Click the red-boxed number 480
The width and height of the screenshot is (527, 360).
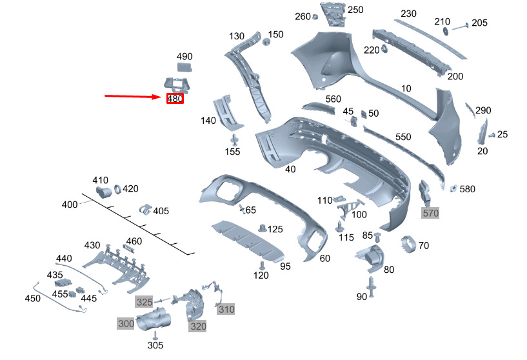click(175, 99)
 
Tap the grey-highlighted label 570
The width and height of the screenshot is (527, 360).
click(430, 213)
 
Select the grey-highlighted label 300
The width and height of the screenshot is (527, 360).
click(126, 323)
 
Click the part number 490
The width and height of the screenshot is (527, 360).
click(184, 56)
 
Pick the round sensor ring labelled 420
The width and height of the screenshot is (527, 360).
click(117, 189)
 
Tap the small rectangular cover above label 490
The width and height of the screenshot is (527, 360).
click(184, 67)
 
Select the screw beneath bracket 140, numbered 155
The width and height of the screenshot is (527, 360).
click(234, 139)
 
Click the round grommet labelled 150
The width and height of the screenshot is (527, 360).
click(266, 43)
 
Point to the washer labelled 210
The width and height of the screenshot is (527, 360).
click(446, 31)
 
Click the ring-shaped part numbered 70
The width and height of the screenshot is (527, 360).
click(409, 245)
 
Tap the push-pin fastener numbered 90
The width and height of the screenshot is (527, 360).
click(371, 286)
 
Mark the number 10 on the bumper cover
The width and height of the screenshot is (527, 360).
click(406, 88)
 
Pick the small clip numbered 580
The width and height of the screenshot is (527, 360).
click(453, 188)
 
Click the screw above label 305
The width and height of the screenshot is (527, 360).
click(155, 335)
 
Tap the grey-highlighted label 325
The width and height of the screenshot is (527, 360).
click(144, 302)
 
